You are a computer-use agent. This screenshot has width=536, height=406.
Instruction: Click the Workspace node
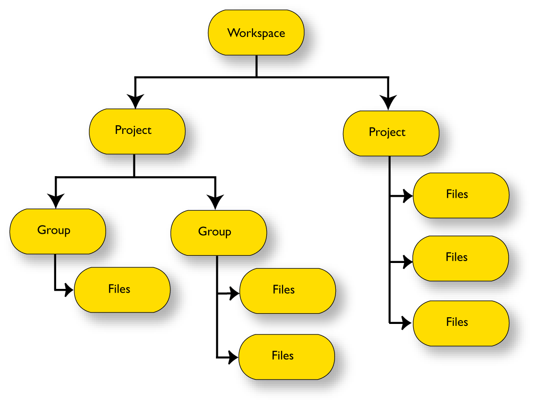[256, 33]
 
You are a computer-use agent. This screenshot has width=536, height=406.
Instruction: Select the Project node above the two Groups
[137, 131]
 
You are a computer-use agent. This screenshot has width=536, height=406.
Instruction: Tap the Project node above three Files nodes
[391, 133]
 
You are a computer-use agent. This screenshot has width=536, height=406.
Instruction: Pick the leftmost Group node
[58, 231]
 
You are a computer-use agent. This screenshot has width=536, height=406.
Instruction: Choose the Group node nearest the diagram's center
[218, 233]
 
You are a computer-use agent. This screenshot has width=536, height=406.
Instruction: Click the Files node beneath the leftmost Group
[122, 290]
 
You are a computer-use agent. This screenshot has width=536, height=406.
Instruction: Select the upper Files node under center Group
[287, 291]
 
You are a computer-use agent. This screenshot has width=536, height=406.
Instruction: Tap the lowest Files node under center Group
[286, 357]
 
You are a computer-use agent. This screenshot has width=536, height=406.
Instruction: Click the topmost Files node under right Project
[461, 195]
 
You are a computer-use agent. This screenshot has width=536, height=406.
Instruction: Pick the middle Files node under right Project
[460, 258]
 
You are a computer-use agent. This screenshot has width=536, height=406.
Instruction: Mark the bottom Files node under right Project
[461, 323]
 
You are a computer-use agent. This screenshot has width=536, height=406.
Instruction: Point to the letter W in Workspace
[233, 33]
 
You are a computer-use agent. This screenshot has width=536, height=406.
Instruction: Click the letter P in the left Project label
[118, 130]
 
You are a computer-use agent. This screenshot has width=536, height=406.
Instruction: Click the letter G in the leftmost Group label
[42, 230]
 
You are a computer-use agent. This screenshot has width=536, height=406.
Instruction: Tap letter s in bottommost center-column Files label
[291, 356]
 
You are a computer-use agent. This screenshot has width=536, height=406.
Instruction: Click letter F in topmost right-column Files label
[449, 194]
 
